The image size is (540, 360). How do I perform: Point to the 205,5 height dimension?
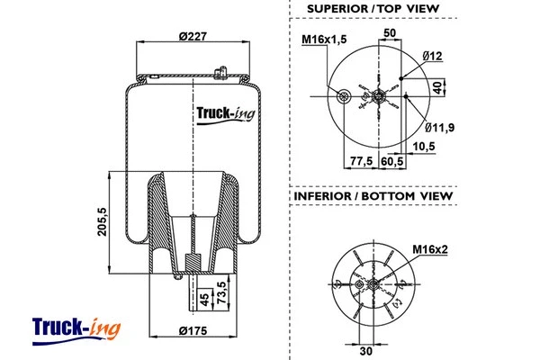(101, 220)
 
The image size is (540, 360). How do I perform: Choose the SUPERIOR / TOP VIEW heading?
(373, 9)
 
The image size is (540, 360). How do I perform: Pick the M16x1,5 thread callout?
(324, 40)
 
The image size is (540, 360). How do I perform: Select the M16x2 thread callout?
(430, 248)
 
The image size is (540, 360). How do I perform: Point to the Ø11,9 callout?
(439, 127)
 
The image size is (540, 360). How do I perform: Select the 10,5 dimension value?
(425, 146)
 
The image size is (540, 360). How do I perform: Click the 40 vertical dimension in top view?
(439, 87)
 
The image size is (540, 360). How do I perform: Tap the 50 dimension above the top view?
(391, 33)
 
